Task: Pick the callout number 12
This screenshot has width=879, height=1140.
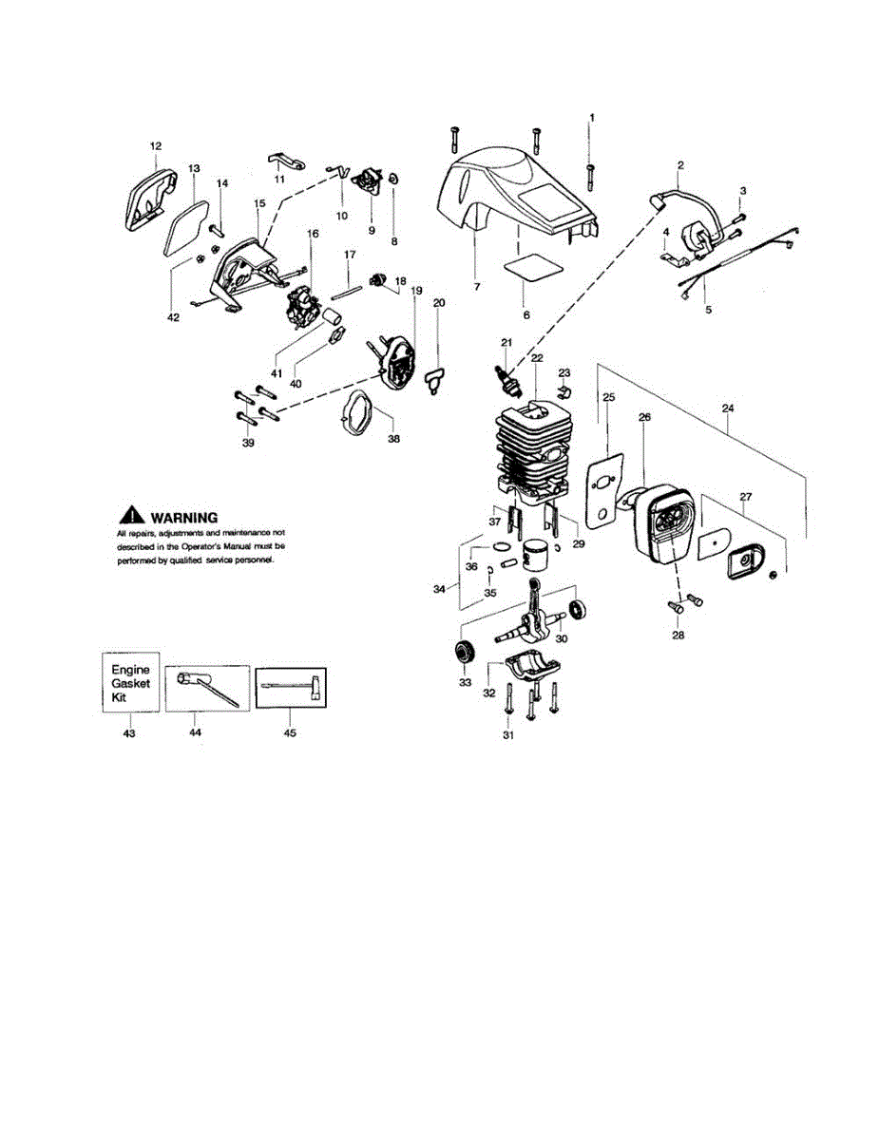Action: click(156, 146)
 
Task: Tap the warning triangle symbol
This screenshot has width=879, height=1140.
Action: click(130, 517)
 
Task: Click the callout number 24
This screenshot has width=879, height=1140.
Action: click(729, 409)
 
